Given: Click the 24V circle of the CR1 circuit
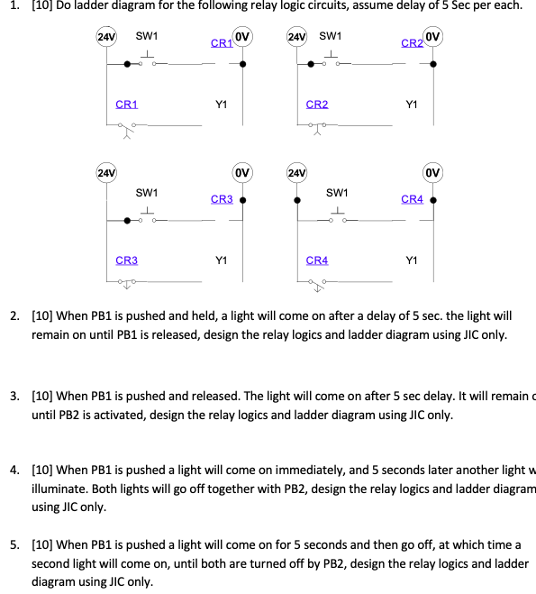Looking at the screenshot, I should coord(106,38).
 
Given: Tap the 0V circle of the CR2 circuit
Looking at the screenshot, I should coord(433,38).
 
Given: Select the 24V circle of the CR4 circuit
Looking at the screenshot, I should coord(296,172).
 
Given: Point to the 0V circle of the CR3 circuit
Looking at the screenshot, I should coord(242,172).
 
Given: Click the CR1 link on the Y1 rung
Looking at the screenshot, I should coord(127,105).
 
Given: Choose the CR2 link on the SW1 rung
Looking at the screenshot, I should coord(412,42).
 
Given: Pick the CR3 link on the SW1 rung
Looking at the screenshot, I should coord(222,199).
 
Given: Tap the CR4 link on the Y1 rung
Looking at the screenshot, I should coord(317,260).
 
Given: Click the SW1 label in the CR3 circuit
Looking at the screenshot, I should coord(147,193).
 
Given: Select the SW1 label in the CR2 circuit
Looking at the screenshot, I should coord(330,36).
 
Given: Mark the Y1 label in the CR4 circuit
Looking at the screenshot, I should coord(412,260).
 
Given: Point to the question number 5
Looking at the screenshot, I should coord(14,545).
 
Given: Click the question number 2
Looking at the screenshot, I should coord(14,316).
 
